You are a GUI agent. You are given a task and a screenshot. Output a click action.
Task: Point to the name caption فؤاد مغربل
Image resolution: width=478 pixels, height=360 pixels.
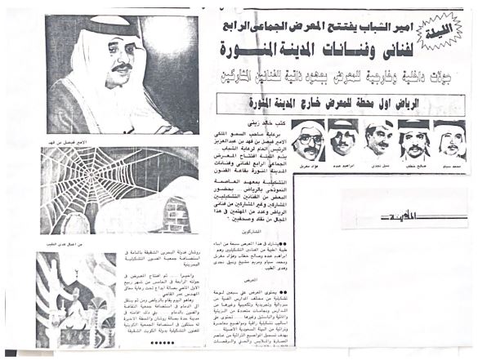[x=308, y=163]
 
